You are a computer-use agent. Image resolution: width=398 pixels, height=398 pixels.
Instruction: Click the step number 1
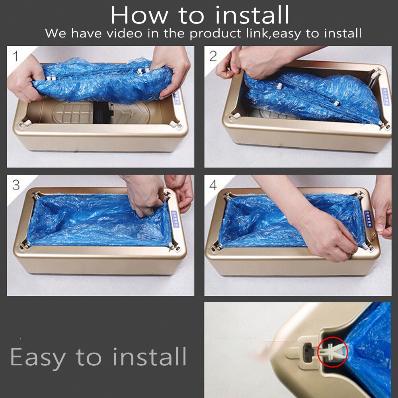tap(15, 56)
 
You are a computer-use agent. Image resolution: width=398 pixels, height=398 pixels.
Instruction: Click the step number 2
tap(213, 56)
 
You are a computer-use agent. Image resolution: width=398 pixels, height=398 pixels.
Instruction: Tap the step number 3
tap(16, 185)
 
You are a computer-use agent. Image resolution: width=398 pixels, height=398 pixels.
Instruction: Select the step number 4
tap(213, 185)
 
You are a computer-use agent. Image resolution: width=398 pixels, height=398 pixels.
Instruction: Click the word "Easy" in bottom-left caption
tap(38, 357)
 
